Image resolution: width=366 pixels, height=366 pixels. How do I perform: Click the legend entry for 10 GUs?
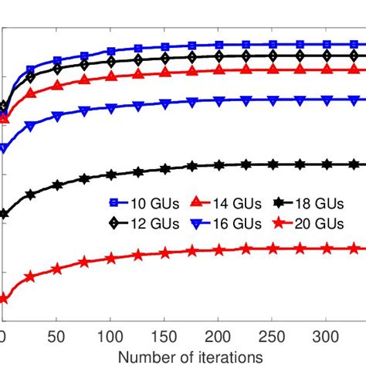pyautogui.click(x=141, y=205)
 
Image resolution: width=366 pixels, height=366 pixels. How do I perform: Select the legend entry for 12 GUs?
pyautogui.click(x=141, y=223)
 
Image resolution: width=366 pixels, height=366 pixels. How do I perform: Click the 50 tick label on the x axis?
pyautogui.click(x=56, y=337)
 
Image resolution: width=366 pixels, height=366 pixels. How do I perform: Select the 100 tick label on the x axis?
pyautogui.click(x=110, y=337)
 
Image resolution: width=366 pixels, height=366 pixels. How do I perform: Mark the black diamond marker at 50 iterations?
pyautogui.click(x=56, y=69)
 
